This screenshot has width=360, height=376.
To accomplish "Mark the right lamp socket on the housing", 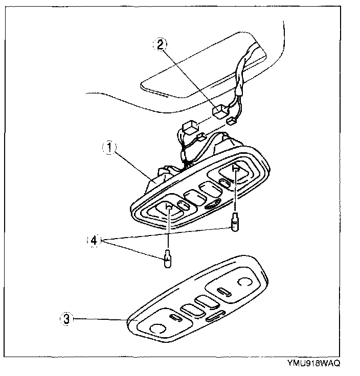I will point(235,170).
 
